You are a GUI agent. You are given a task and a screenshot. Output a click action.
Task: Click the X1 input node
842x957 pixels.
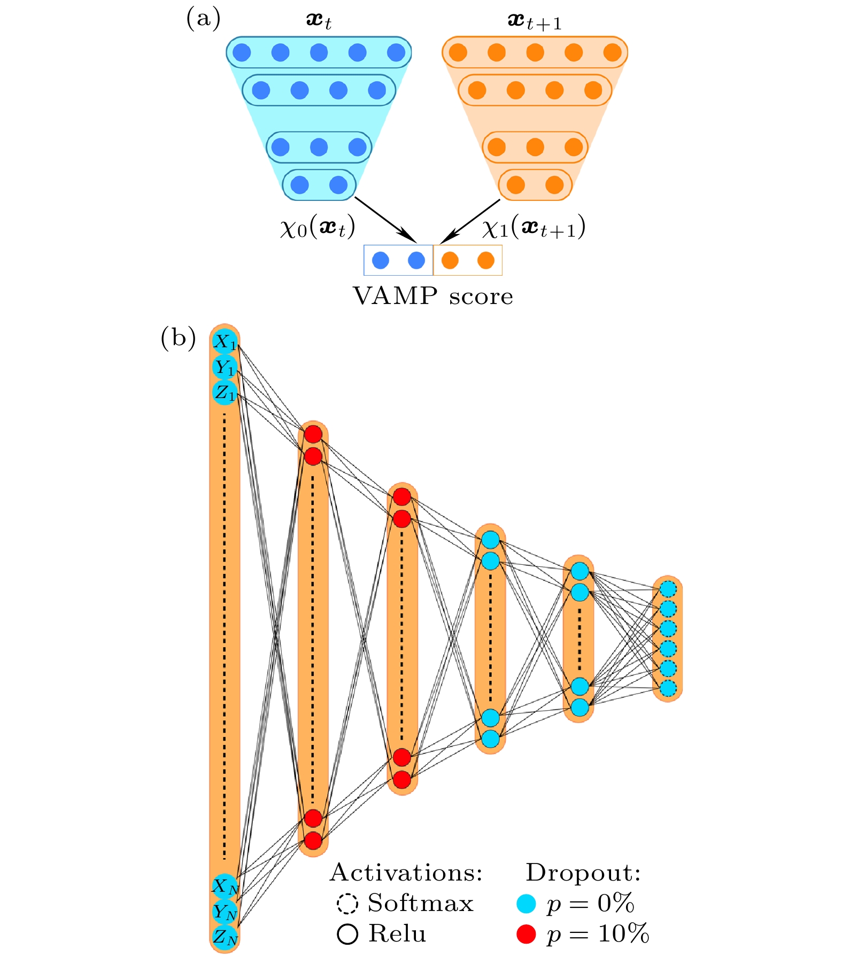(225, 342)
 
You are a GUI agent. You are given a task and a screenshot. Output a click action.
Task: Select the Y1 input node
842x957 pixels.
(225, 368)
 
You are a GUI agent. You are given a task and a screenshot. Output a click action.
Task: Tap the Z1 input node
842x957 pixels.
(225, 393)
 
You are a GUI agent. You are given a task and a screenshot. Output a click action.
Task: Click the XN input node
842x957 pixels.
(225, 886)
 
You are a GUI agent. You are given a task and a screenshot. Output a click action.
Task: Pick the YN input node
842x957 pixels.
(225, 912)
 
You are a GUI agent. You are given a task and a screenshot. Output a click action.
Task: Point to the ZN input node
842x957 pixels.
(225, 937)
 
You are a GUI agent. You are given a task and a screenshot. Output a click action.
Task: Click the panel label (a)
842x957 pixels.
(203, 19)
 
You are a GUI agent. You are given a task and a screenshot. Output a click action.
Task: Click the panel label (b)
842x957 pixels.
(178, 338)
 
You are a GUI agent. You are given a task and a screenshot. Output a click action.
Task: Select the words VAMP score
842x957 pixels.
(433, 296)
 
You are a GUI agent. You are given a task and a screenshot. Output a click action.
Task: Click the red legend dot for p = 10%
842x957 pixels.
(526, 933)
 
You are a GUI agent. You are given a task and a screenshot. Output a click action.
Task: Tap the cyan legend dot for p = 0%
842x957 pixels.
(526, 904)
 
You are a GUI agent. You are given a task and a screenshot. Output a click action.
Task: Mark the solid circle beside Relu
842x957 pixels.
(347, 934)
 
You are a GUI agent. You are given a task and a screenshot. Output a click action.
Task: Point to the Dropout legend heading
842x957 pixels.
(583, 873)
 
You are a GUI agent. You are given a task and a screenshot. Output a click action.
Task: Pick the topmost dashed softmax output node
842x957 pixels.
(668, 589)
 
